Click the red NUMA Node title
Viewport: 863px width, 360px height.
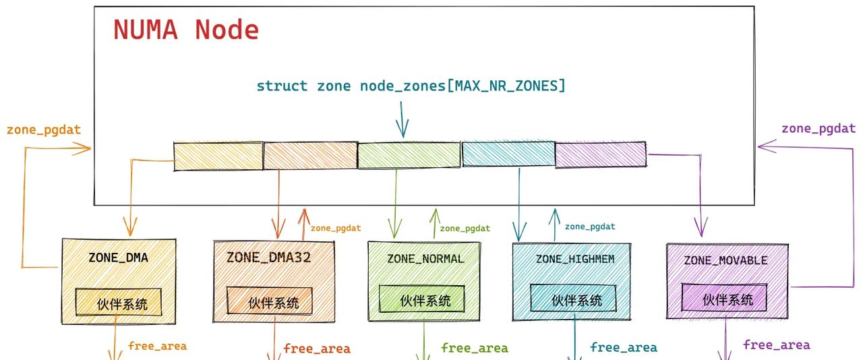click(x=185, y=30)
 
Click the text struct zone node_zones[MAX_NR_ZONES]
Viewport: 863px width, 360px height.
click(x=411, y=86)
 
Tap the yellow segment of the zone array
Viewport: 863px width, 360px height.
click(x=218, y=156)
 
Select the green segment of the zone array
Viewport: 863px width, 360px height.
click(x=409, y=155)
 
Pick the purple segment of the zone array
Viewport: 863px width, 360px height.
click(x=600, y=155)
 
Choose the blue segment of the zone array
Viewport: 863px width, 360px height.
click(x=508, y=154)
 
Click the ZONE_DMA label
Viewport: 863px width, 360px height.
click(x=118, y=258)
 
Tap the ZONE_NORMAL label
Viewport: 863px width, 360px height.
click(x=425, y=259)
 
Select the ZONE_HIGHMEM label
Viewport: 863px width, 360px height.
click(x=575, y=259)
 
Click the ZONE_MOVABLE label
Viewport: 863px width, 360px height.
click(x=725, y=260)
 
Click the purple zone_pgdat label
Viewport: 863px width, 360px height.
click(x=818, y=128)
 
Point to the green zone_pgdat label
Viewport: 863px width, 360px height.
click(x=465, y=229)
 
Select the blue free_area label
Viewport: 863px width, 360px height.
click(x=623, y=348)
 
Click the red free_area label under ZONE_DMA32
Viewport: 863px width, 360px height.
click(x=316, y=349)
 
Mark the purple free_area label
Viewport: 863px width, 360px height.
click(x=776, y=345)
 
